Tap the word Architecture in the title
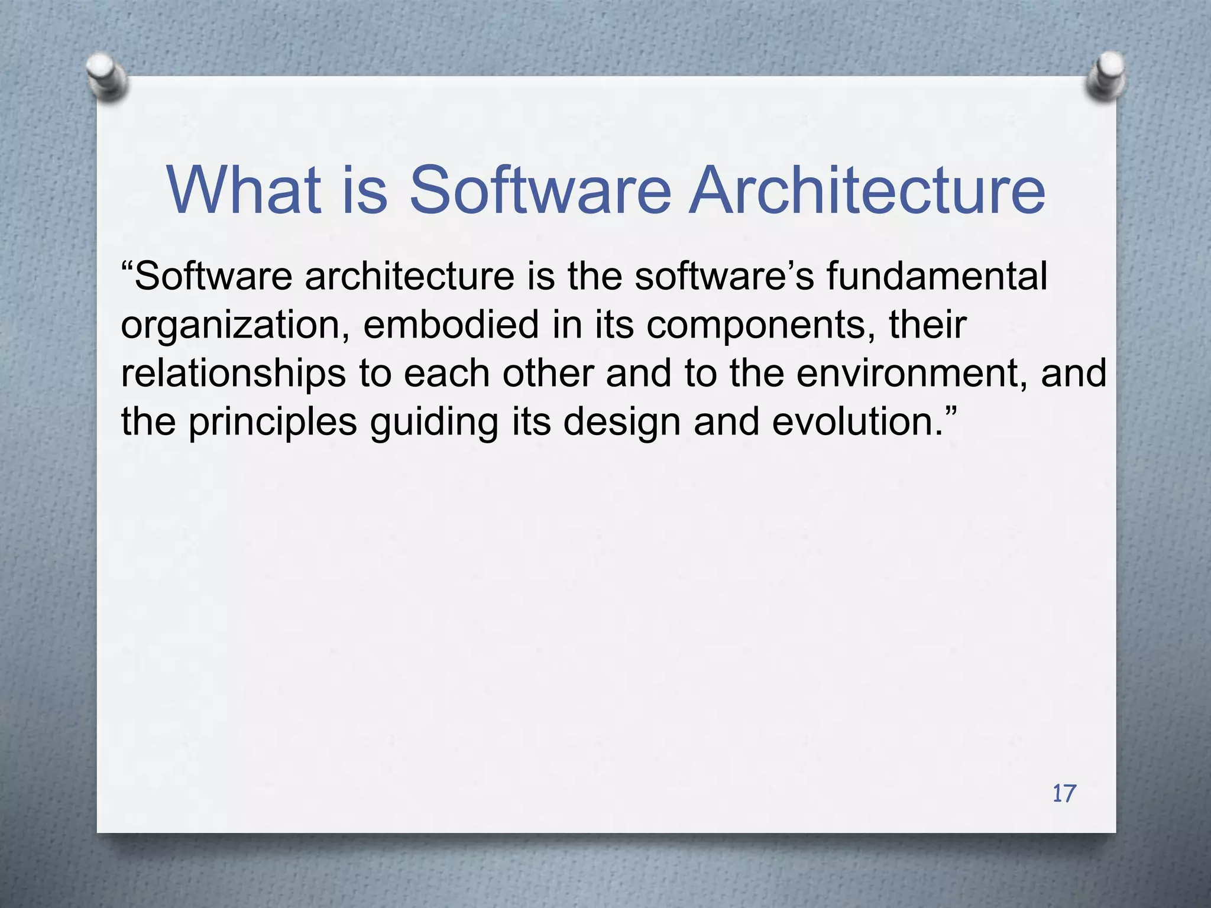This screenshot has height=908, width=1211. click(867, 190)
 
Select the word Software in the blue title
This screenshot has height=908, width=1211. click(540, 190)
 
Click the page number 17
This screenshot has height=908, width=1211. click(1064, 793)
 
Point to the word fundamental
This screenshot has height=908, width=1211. click(937, 276)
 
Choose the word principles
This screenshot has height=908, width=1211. click(273, 422)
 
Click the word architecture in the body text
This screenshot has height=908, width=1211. click(409, 276)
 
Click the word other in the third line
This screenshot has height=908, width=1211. click(548, 374)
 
